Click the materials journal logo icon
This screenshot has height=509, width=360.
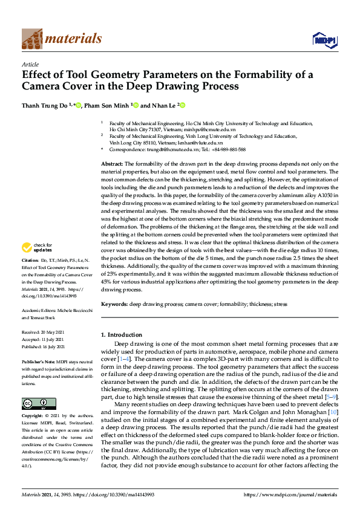pyautogui.click(x=31, y=39)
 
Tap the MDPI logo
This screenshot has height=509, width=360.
pyautogui.click(x=324, y=40)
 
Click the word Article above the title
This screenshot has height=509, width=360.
pyautogui.click(x=30, y=65)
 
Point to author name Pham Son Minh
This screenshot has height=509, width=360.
pyautogui.click(x=108, y=105)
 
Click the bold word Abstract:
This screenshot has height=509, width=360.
pyautogui.click(x=112, y=164)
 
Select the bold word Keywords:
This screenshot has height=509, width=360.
pyautogui.click(x=114, y=305)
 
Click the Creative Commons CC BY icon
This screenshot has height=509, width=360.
pyautogui.click(x=31, y=403)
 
